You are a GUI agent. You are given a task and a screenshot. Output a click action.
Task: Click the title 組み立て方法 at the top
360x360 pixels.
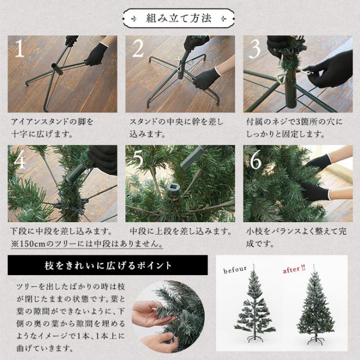[179, 19]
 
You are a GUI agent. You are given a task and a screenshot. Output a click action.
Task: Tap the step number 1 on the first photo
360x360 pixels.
[20, 48]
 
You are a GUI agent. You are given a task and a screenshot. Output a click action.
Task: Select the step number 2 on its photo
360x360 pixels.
[138, 48]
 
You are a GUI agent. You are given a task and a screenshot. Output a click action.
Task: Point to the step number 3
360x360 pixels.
[254, 49]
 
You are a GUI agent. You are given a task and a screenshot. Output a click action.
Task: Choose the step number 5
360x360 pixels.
[138, 159]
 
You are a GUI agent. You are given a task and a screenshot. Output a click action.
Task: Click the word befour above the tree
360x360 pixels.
[235, 270]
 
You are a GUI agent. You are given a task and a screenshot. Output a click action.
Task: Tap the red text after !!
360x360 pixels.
[294, 269]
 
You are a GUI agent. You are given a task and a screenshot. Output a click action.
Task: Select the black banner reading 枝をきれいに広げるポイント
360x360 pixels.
[107, 265]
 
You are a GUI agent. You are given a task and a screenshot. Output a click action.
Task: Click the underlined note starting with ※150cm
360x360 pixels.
[87, 244]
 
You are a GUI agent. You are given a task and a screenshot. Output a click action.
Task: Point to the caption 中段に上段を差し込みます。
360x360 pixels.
[181, 231]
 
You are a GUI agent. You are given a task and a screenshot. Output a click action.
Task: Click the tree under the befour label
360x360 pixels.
[255, 305]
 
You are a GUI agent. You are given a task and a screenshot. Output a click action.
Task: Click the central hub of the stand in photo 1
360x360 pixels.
[56, 69]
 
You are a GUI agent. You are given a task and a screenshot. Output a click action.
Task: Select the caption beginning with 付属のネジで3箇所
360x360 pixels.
[294, 128]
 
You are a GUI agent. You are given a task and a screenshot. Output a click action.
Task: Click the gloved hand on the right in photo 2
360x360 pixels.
[205, 78]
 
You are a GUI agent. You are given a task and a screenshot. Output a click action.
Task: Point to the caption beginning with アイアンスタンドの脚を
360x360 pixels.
[52, 128]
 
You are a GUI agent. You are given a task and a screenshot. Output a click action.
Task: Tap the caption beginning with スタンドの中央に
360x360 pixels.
[176, 128]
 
